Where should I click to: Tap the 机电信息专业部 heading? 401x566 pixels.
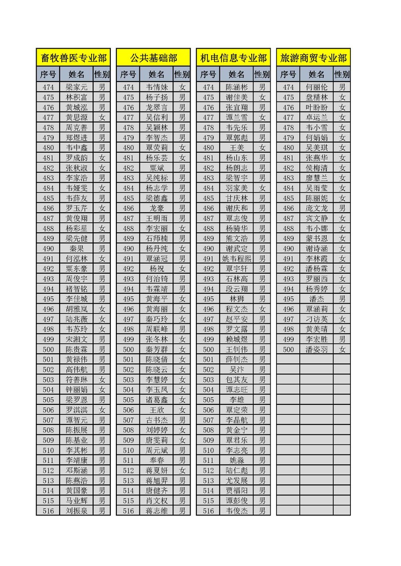234,58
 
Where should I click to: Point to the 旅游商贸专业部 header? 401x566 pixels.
314,58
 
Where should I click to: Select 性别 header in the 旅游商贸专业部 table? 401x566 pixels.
342,75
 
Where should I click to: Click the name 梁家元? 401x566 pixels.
76,87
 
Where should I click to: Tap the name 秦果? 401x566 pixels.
76,248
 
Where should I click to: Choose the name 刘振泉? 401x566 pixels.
76,510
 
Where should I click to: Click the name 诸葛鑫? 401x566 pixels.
156,399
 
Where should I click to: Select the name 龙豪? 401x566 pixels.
156,208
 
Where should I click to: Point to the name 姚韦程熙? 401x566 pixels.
237,258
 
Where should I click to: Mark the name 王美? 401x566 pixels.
237,148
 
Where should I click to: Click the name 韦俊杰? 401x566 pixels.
237,510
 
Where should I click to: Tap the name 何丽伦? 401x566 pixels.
317,87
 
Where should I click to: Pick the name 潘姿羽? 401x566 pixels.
317,349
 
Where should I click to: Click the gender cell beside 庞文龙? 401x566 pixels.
342,208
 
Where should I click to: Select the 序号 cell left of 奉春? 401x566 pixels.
128,460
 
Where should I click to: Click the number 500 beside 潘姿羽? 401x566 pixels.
289,349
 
